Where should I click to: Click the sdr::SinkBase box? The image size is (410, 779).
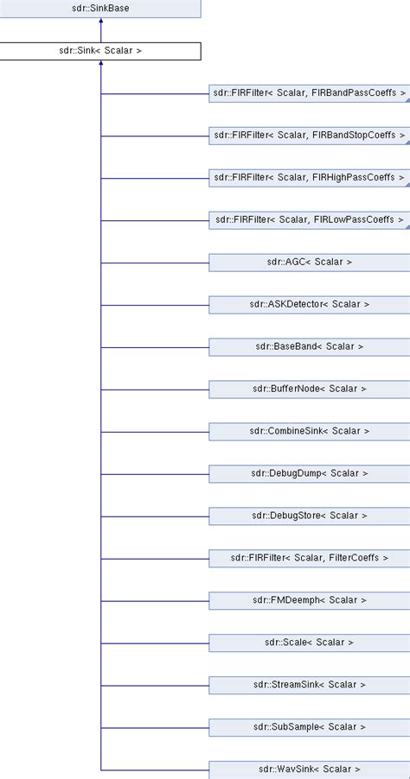click(100, 9)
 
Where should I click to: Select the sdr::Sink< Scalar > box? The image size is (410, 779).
click(100, 51)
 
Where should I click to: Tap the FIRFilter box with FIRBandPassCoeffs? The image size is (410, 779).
click(309, 93)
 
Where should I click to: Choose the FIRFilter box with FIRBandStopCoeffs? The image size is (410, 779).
click(309, 136)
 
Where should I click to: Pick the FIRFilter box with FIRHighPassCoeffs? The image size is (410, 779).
click(309, 178)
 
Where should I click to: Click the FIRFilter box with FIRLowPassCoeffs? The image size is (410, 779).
click(309, 220)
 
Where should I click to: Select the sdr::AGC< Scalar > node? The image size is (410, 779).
click(309, 262)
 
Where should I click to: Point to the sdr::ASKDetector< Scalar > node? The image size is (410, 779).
click(309, 304)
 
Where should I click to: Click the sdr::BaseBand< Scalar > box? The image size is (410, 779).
click(309, 346)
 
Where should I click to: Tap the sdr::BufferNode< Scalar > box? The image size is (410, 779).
click(309, 389)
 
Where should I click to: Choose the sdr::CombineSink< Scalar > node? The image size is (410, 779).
click(309, 431)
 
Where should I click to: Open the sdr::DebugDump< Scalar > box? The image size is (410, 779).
click(309, 473)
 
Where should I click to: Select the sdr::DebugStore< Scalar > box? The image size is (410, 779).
click(309, 516)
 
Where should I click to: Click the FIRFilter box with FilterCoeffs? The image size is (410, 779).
click(309, 558)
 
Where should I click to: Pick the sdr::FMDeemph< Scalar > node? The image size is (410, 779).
click(309, 600)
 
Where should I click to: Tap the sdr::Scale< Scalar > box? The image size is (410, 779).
click(309, 643)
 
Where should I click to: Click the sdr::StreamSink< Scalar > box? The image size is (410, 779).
click(309, 685)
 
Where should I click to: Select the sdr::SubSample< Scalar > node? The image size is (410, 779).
click(309, 727)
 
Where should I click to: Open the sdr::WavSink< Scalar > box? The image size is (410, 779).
click(309, 769)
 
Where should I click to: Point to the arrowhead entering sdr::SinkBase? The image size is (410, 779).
click(101, 23)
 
